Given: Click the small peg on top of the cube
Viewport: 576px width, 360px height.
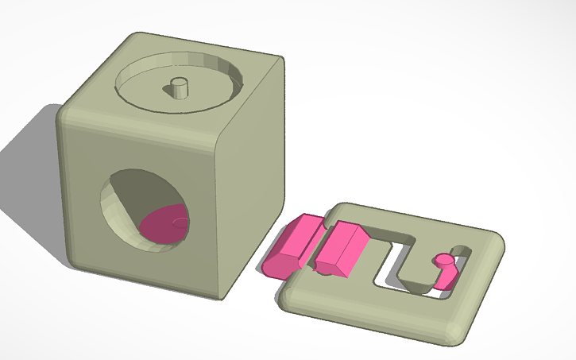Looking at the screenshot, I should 180,87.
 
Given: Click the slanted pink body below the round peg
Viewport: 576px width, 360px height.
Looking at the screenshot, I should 446,274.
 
